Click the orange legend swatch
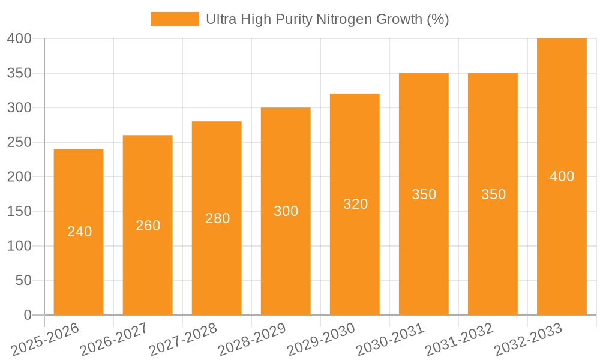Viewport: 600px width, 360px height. tap(174, 19)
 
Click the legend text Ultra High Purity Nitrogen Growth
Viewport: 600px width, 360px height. tap(327, 19)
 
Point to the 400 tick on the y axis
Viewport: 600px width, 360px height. tap(19, 38)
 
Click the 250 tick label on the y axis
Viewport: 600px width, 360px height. tap(19, 142)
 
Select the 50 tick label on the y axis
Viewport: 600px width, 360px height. tap(23, 280)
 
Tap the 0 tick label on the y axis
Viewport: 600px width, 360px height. tap(27, 315)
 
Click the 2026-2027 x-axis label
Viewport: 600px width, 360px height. tap(114, 340)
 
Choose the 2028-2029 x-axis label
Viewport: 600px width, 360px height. tap(252, 340)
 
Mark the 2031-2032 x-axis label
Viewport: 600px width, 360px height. tap(459, 340)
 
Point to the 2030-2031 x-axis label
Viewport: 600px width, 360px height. tap(390, 340)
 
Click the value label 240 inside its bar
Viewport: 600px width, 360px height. tap(79, 232)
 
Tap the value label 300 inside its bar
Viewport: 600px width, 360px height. tap(286, 211)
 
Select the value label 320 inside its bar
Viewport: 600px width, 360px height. tap(355, 204)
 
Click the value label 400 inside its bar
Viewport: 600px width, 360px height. tap(562, 176)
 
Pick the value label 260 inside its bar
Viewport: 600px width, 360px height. tap(148, 226)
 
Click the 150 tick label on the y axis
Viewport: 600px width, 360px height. tap(19, 211)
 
